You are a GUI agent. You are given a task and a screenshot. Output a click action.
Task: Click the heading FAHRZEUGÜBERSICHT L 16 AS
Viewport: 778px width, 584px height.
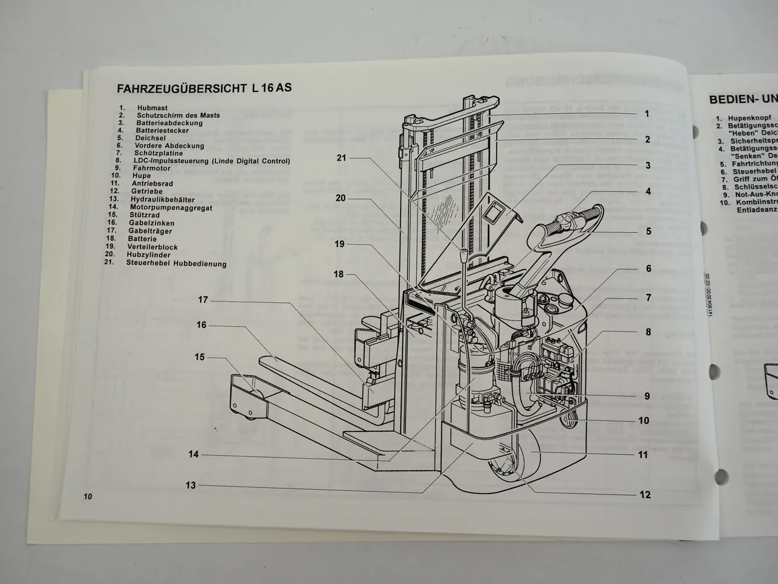click(x=204, y=88)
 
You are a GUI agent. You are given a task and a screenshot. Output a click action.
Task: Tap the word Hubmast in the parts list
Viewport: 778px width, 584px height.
click(x=149, y=108)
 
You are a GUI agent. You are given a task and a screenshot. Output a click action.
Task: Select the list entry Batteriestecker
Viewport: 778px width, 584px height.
click(x=162, y=130)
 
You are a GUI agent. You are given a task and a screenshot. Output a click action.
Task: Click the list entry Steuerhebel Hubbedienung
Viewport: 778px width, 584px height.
click(x=176, y=263)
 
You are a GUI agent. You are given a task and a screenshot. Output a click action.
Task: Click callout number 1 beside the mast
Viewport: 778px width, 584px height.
click(x=647, y=114)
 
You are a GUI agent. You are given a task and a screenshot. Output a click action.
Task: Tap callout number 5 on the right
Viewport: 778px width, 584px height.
click(x=649, y=231)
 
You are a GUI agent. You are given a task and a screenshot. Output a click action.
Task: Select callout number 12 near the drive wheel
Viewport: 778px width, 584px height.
click(x=645, y=495)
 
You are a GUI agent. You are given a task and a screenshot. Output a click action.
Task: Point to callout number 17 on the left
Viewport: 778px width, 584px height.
click(x=202, y=300)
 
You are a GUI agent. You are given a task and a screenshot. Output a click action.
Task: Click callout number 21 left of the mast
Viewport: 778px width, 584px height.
click(x=341, y=158)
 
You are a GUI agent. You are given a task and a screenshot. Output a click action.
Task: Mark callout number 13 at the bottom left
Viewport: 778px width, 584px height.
click(x=191, y=485)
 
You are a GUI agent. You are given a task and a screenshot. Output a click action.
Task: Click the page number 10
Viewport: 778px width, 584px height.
click(x=88, y=497)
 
